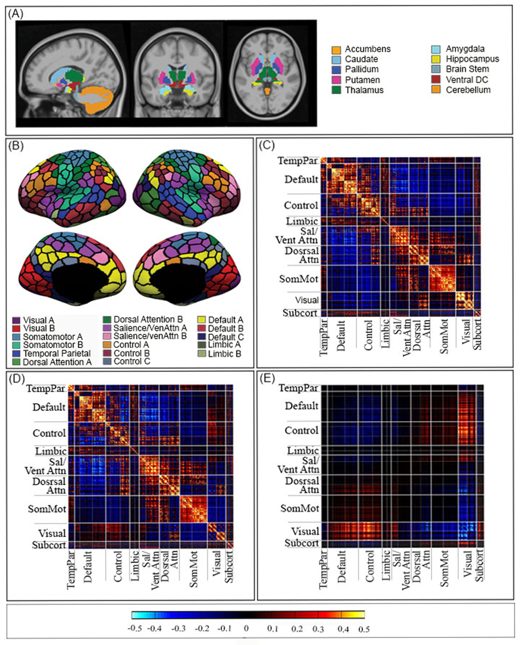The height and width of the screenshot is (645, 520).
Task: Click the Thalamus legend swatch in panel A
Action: click(x=336, y=90)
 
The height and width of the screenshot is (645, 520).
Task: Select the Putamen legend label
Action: click(x=362, y=80)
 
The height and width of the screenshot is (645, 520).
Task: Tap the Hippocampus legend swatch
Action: click(x=436, y=59)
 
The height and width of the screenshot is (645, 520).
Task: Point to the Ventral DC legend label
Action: click(x=467, y=80)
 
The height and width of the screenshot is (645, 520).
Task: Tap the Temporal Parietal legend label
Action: click(x=57, y=354)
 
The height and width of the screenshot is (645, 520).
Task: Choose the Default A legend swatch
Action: click(x=202, y=320)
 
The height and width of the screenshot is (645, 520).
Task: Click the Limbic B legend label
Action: click(x=225, y=354)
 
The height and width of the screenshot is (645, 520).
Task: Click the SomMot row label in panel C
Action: click(x=299, y=279)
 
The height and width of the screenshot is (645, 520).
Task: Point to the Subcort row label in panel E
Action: click(x=302, y=543)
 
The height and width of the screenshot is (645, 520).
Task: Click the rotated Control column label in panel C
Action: click(x=368, y=335)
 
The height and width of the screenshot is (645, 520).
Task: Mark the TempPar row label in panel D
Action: click(x=46, y=388)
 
